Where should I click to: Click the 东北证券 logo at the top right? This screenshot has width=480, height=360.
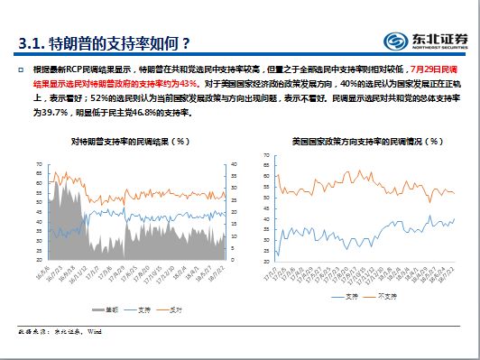[x=427, y=41]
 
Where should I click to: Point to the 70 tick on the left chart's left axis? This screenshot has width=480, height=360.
[x=39, y=164]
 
